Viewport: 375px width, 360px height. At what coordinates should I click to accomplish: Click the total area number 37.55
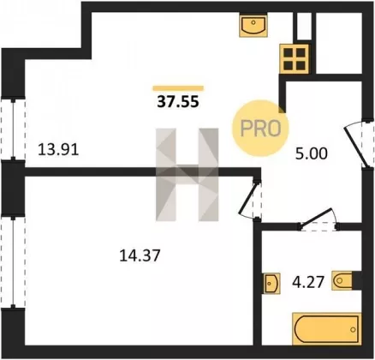pyautogui.click(x=178, y=101)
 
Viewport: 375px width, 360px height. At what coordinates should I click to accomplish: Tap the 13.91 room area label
pyautogui.click(x=58, y=150)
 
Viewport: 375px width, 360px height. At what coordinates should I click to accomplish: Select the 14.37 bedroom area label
pyautogui.click(x=140, y=255)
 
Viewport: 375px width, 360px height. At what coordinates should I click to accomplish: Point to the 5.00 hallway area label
pyautogui.click(x=312, y=154)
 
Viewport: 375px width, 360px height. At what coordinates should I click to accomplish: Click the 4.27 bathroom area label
pyautogui.click(x=308, y=282)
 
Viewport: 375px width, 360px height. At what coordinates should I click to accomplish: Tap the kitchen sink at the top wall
pyautogui.click(x=253, y=25)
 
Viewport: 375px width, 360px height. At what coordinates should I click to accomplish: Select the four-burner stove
pyautogui.click(x=295, y=59)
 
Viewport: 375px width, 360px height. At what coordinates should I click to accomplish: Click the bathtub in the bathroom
pyautogui.click(x=326, y=328)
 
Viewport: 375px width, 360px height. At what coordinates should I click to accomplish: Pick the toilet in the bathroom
pyautogui.click(x=342, y=280)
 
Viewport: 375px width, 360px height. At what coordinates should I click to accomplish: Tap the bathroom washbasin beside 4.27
pyautogui.click(x=271, y=283)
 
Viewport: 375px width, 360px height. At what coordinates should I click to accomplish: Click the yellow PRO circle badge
pyautogui.click(x=260, y=129)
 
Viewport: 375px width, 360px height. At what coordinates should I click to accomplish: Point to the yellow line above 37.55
pyautogui.click(x=178, y=88)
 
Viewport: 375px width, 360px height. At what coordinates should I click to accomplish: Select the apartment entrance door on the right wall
pyautogui.click(x=360, y=143)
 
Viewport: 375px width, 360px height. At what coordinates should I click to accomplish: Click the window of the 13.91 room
pyautogui.click(x=13, y=129)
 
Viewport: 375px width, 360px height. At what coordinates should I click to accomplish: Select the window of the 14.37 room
pyautogui.click(x=13, y=261)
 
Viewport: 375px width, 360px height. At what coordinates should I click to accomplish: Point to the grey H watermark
pyautogui.click(x=187, y=175)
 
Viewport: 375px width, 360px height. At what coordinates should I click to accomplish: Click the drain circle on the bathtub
pyautogui.click(x=354, y=329)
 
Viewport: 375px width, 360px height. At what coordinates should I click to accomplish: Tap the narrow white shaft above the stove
pyautogui.click(x=304, y=26)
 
